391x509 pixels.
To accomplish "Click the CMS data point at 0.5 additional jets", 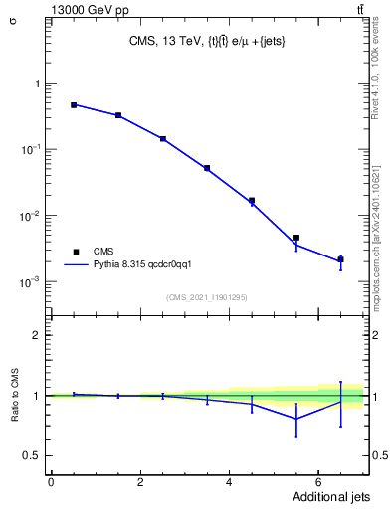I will [74, 104].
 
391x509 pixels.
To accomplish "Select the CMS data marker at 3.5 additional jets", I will [207, 168].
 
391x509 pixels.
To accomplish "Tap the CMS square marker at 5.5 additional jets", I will [296, 238].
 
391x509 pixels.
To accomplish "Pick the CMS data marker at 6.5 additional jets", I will [340, 259].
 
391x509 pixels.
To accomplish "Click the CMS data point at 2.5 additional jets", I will [162, 139].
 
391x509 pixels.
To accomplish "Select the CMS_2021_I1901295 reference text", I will [206, 297].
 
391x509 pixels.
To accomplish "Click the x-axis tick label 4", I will [229, 482].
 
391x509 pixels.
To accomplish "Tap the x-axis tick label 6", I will [317, 482].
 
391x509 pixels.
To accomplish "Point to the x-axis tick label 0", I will [51, 482].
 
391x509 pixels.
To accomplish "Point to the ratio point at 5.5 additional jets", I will [296, 419].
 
